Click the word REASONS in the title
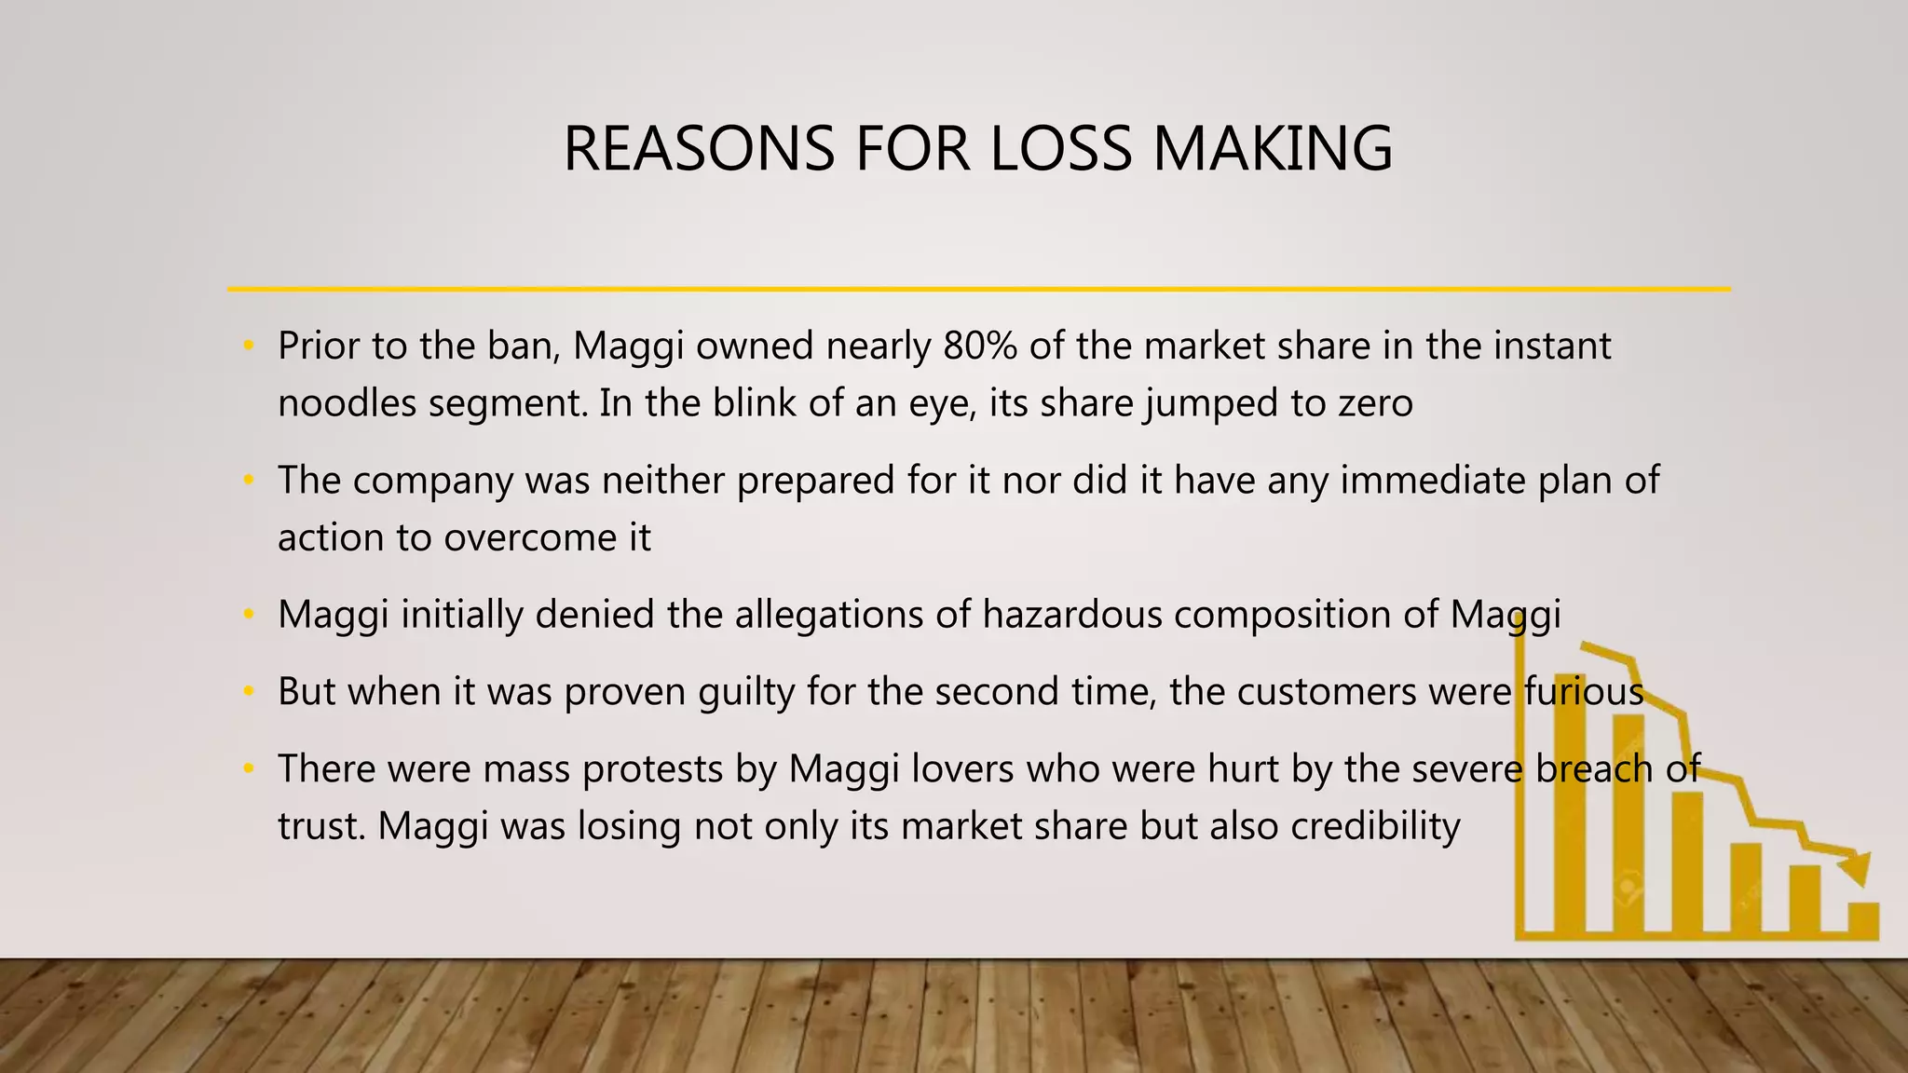699,149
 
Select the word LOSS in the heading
1061,149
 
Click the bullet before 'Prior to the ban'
248,346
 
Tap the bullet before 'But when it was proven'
248,692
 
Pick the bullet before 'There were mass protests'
248,769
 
